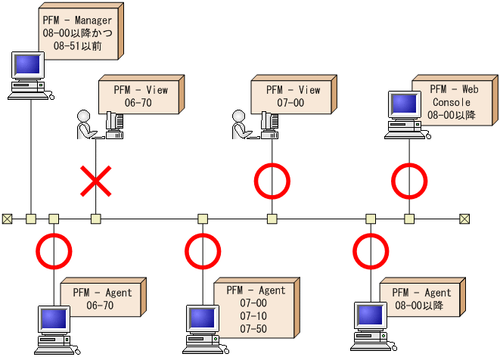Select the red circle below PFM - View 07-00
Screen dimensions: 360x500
point(272,182)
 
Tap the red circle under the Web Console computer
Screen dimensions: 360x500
point(409,182)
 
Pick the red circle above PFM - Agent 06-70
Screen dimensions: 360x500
point(54,251)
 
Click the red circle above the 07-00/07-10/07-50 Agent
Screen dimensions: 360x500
point(203,251)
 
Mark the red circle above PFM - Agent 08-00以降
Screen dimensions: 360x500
point(371,251)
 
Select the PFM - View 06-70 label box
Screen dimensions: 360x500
point(141,95)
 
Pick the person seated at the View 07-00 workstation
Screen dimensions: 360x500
point(240,125)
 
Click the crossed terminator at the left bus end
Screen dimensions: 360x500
point(8,219)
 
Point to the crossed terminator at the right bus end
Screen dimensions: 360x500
point(464,219)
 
